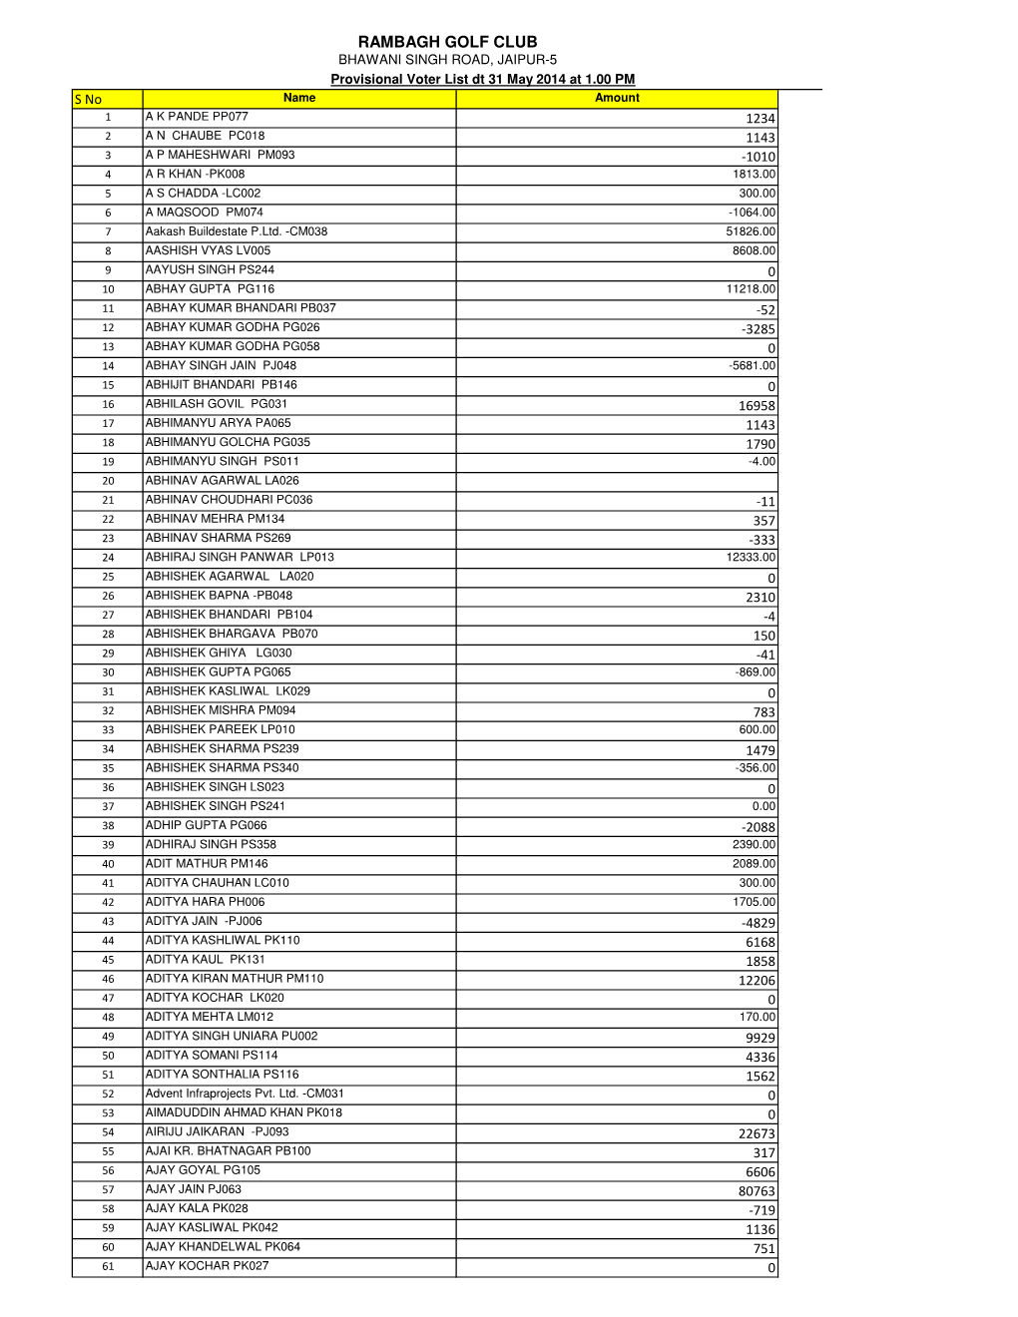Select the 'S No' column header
point(88,99)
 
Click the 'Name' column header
point(299,98)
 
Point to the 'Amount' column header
point(617,98)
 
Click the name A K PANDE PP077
point(197,117)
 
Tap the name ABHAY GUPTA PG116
point(210,289)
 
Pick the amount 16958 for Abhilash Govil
point(757,406)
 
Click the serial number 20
point(108,481)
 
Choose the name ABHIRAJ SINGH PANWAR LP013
point(240,558)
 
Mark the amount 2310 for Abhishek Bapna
point(760,598)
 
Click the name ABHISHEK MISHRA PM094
point(221,710)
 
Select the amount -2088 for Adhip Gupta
point(758,827)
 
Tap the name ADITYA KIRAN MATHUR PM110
point(235,979)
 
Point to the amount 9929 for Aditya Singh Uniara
point(760,1038)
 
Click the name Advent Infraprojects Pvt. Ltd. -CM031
point(245,1094)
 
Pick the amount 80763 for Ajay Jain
point(757,1191)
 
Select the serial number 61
point(108,1267)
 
